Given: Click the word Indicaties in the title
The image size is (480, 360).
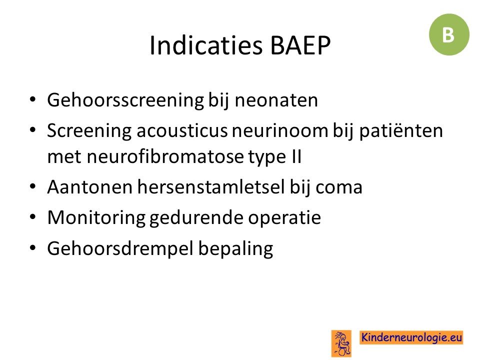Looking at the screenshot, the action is pos(206,45).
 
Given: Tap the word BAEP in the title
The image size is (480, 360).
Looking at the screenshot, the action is pos(300,45).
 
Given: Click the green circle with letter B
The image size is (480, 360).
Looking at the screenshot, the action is pos(449,34).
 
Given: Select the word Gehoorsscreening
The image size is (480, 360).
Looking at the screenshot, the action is pos(125,100).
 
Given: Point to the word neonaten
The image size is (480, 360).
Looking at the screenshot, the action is pos(276,100).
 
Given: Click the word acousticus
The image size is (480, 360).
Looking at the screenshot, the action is pos(182,130).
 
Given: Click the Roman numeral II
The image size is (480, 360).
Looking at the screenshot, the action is pos(295,156).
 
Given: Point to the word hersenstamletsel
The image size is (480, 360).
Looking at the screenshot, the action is pos(211,186).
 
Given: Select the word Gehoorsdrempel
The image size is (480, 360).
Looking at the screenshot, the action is pos(120,248).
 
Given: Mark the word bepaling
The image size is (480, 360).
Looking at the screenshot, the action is pos(235,248).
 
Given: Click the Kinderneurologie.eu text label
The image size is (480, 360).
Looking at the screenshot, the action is pos(411,337).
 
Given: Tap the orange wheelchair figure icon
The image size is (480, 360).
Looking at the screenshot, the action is pos(341,343).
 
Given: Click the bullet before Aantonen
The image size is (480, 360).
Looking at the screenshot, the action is pos(33,186).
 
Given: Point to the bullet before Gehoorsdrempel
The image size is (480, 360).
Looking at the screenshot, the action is pos(33,247).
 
